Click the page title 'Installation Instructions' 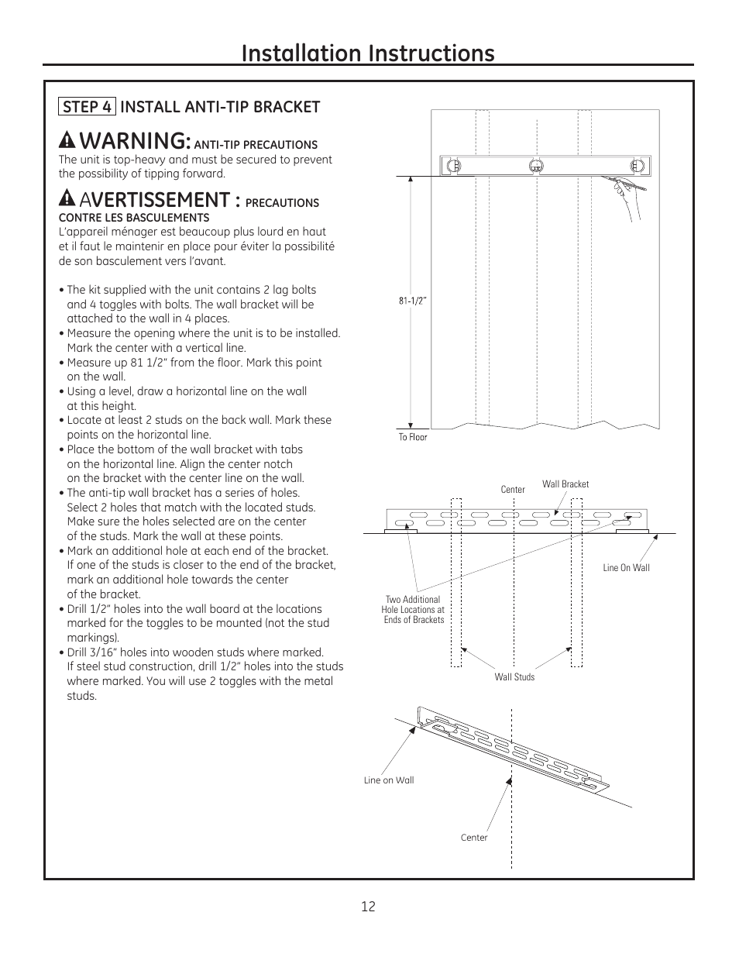368,53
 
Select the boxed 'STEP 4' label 87,107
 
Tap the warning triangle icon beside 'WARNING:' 67,141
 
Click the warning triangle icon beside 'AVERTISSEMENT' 67,199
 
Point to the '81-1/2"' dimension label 413,301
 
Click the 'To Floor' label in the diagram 413,437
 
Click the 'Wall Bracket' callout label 565,484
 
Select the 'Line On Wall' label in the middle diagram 626,568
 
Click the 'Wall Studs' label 514,677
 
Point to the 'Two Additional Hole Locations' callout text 414,610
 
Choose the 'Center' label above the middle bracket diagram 512,490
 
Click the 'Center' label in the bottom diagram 474,838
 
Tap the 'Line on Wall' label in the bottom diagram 389,780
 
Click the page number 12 368,907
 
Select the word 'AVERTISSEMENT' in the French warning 160,199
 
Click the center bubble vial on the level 535,165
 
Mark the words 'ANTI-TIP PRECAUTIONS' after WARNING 256,145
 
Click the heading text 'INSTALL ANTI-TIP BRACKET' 220,107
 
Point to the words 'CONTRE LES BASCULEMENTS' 134,218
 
